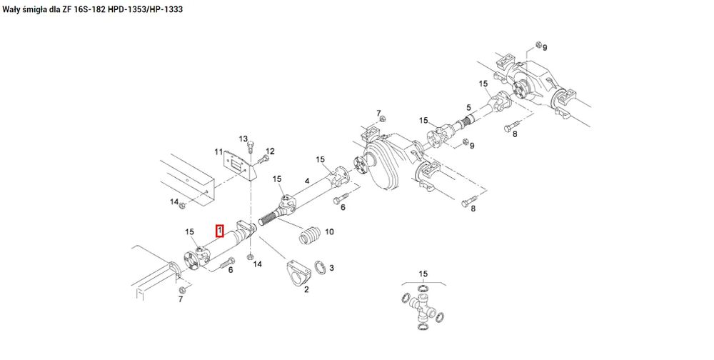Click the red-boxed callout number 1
pos(220,231)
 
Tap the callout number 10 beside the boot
pos(329,232)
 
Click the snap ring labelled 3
pos(322,268)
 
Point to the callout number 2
pos(306,289)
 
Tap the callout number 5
pos(468,107)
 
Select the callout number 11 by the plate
pos(218,152)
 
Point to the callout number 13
pos(243,138)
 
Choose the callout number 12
pos(271,151)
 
